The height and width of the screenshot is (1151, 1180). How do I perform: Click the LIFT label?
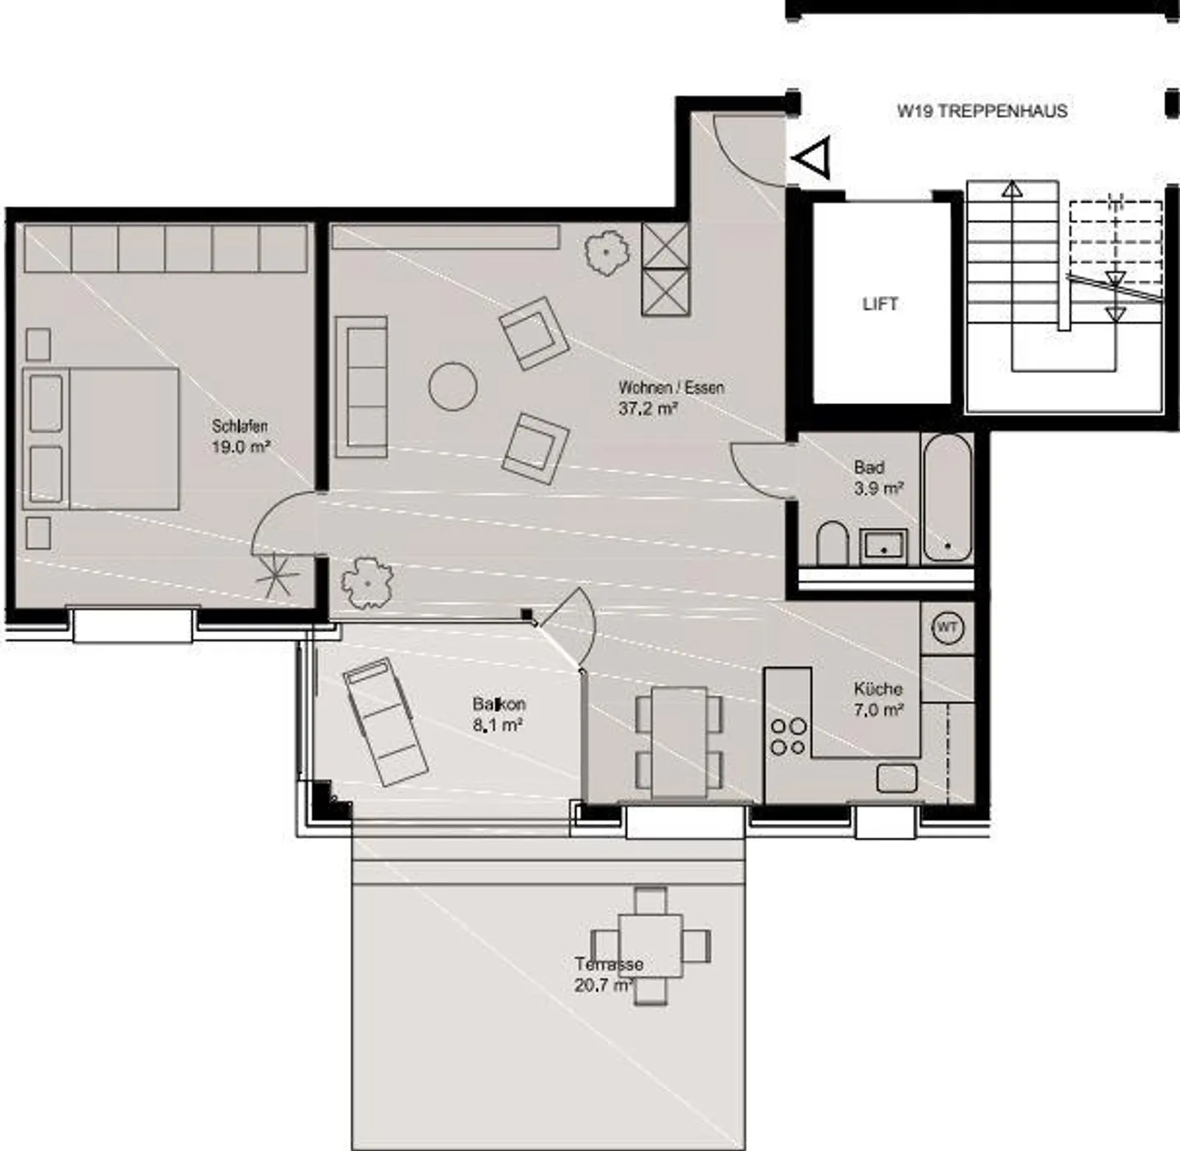coord(880,304)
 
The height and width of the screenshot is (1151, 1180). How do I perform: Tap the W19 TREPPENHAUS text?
coord(982,111)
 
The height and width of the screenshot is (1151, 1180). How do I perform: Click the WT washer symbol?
coord(947,628)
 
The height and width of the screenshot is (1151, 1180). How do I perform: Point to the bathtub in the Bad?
coord(947,498)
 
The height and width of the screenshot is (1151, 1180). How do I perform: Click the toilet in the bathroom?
coord(833,543)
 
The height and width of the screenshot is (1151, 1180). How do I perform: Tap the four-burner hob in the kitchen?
coord(788,735)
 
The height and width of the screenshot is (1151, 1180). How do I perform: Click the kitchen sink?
coord(896,778)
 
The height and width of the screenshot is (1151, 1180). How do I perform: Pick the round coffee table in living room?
coord(453,386)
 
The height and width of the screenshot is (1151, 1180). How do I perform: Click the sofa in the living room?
coord(361,386)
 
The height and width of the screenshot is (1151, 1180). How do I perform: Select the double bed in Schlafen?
coord(101,439)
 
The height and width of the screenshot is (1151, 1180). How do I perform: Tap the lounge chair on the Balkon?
coord(385,721)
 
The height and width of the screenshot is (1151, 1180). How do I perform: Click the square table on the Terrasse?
coord(651,946)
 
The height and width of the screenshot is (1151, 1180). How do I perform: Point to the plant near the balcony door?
coord(366,583)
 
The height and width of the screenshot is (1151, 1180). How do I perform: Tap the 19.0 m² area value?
coord(241,448)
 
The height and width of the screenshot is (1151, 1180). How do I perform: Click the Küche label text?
coord(878,689)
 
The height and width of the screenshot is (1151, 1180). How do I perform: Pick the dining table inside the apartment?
coord(679,742)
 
